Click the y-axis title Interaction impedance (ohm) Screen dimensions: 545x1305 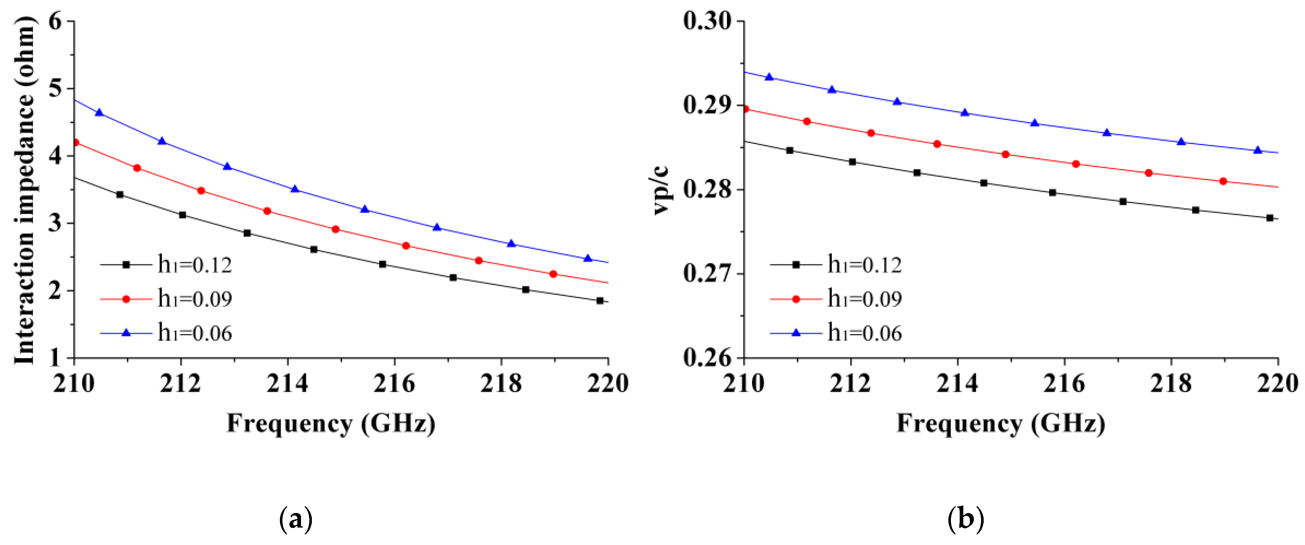(24, 190)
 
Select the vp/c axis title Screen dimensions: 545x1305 (661, 190)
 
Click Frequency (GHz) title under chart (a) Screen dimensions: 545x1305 (331, 424)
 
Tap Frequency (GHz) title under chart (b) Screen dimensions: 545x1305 (1001, 424)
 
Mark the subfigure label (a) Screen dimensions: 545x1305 (296, 519)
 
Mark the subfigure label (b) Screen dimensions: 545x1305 (965, 519)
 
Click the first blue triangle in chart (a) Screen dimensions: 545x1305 (99, 112)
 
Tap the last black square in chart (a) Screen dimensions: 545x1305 (600, 301)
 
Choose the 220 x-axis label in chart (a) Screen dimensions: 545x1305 (607, 384)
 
